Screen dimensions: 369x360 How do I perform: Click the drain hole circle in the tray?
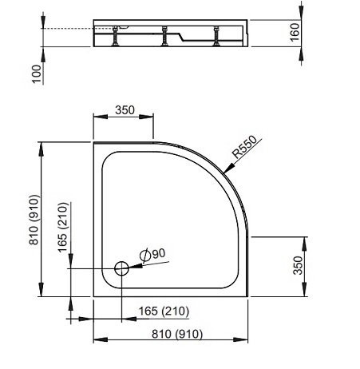pos(121,268)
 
